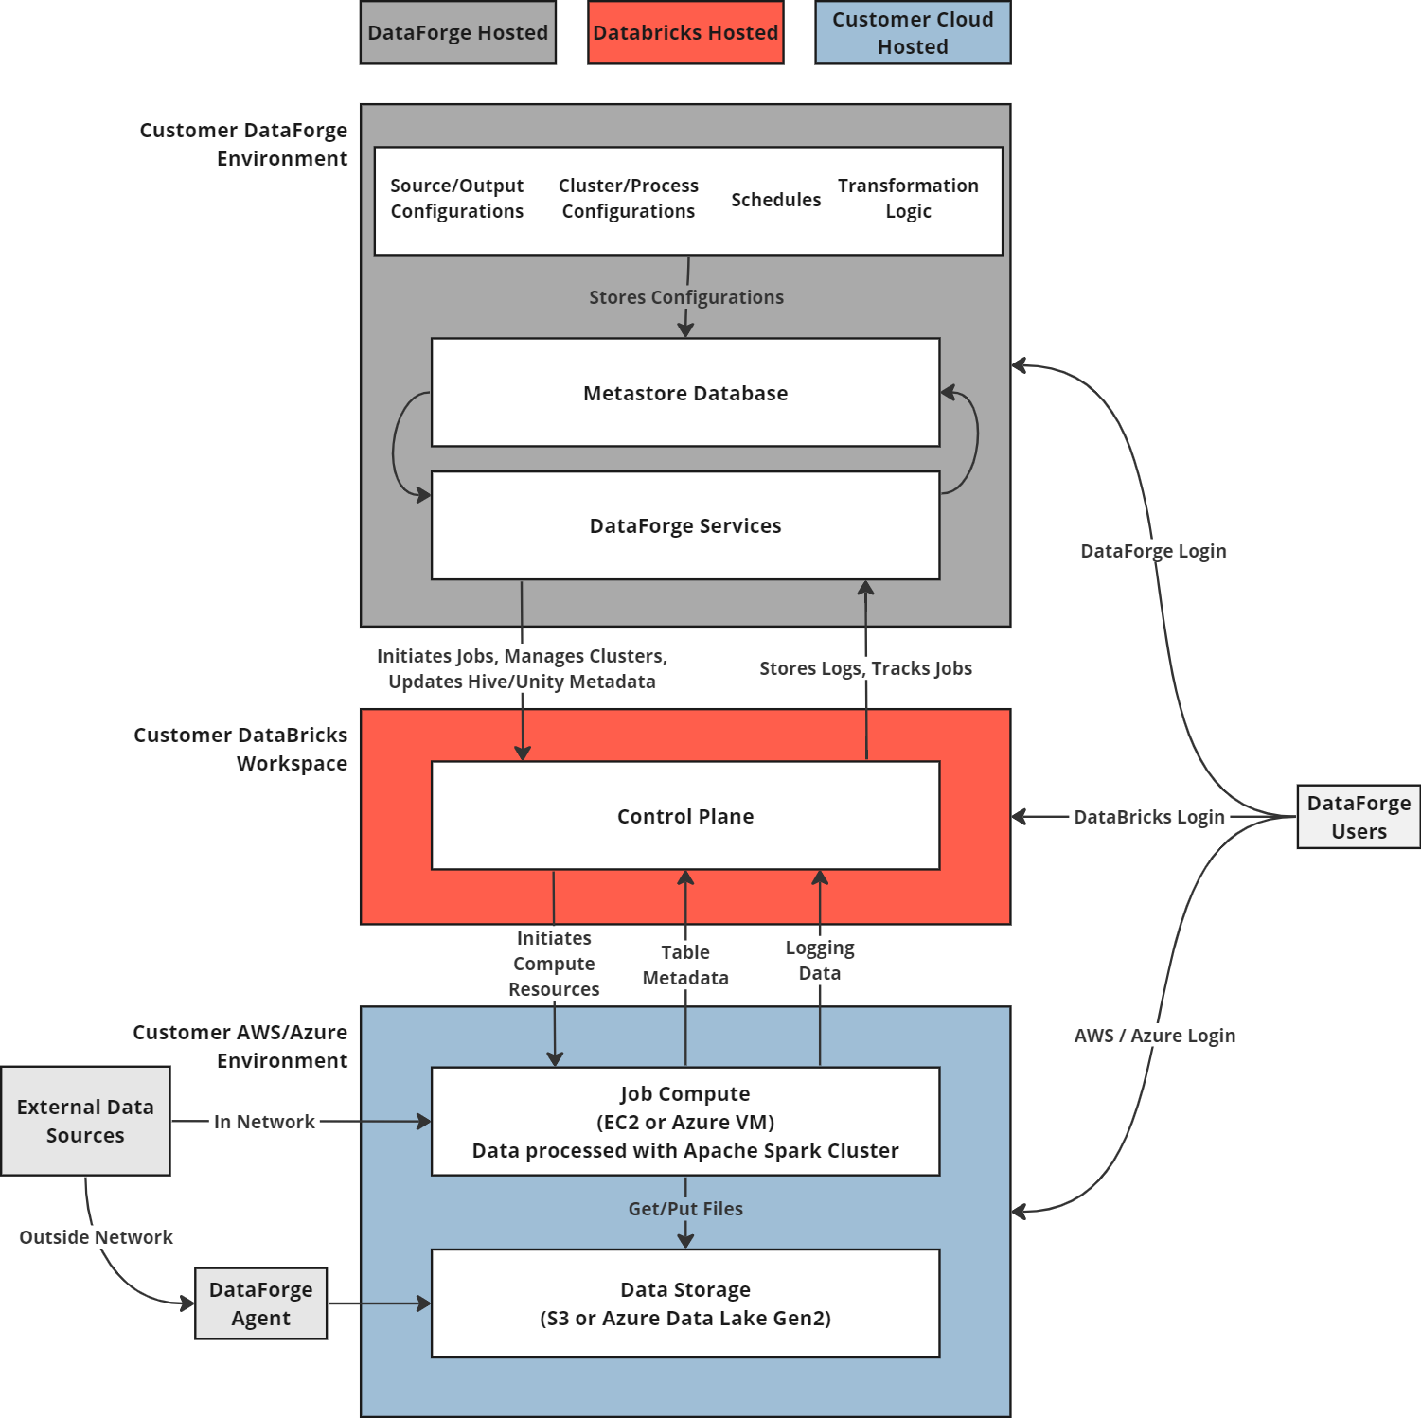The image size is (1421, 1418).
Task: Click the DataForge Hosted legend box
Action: click(x=458, y=33)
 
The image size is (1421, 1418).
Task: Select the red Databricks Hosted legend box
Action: click(x=685, y=33)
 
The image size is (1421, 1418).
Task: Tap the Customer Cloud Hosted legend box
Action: click(x=913, y=33)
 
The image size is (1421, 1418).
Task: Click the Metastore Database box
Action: click(x=685, y=393)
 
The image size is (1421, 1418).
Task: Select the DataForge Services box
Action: click(x=685, y=525)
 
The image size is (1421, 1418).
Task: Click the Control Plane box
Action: click(x=685, y=816)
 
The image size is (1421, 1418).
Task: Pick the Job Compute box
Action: click(x=685, y=1122)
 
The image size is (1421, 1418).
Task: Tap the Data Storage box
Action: click(x=685, y=1303)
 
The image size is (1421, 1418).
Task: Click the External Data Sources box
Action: click(x=85, y=1121)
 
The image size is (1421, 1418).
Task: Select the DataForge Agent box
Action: click(x=261, y=1303)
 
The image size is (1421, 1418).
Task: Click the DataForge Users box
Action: click(x=1359, y=817)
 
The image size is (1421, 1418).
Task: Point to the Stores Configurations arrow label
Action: click(x=686, y=297)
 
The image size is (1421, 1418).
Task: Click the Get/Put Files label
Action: click(x=685, y=1209)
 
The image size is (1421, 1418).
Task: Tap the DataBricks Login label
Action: click(x=1149, y=817)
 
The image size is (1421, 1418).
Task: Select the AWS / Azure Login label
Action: click(x=1154, y=1036)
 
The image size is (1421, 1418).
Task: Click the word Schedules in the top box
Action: click(x=775, y=200)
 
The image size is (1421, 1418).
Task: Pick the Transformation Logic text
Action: click(x=908, y=199)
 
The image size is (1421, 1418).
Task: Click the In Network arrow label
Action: click(x=264, y=1122)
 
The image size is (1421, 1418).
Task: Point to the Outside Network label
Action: click(x=96, y=1237)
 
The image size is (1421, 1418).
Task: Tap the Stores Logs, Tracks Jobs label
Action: click(x=865, y=668)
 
